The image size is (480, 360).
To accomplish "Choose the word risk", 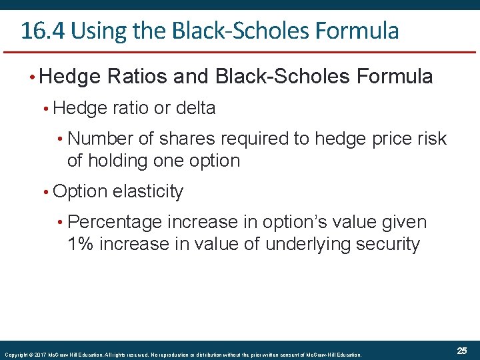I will [429, 139].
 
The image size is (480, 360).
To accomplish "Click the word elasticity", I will [148, 191].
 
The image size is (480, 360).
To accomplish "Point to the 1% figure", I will [81, 244].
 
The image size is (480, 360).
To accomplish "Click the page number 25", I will [462, 351].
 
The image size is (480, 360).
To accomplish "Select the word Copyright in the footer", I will [16, 355].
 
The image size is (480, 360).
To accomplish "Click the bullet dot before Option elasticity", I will [45, 192].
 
